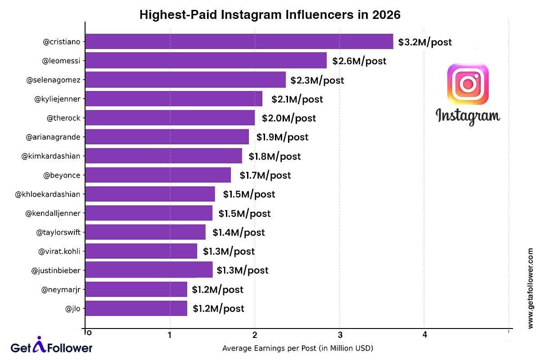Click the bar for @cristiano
pyautogui.click(x=239, y=41)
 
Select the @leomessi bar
pyautogui.click(x=206, y=60)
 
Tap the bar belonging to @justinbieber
pyautogui.click(x=148, y=270)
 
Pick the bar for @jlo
pyautogui.click(x=136, y=308)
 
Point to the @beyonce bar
pyautogui.click(x=157, y=175)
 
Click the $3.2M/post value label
pyautogui.click(x=425, y=43)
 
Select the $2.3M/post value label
pyautogui.click(x=317, y=81)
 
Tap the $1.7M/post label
pyautogui.click(x=265, y=175)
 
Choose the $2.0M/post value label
pyautogui.click(x=289, y=118)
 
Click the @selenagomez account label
pyautogui.click(x=54, y=80)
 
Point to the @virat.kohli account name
pyautogui.click(x=59, y=251)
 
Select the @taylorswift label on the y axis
pyautogui.click(x=58, y=232)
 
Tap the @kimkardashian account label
pyautogui.click(x=51, y=156)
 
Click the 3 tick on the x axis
pyautogui.click(x=340, y=335)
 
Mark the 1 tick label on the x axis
pyautogui.click(x=170, y=335)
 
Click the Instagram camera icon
pyautogui.click(x=468, y=84)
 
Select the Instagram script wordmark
pyautogui.click(x=468, y=116)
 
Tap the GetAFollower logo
pyautogui.click(x=51, y=346)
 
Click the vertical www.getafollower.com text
pyautogui.click(x=530, y=288)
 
